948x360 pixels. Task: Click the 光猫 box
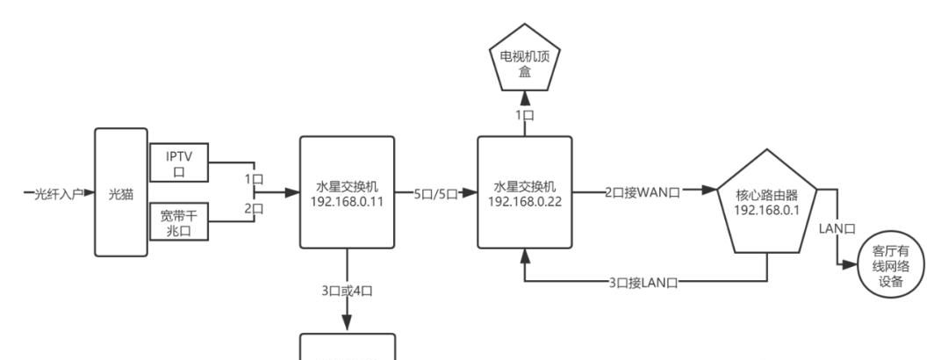(x=120, y=193)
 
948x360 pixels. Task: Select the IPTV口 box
(x=179, y=162)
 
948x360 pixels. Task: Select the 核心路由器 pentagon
(x=766, y=206)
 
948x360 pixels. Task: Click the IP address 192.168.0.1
(x=766, y=212)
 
